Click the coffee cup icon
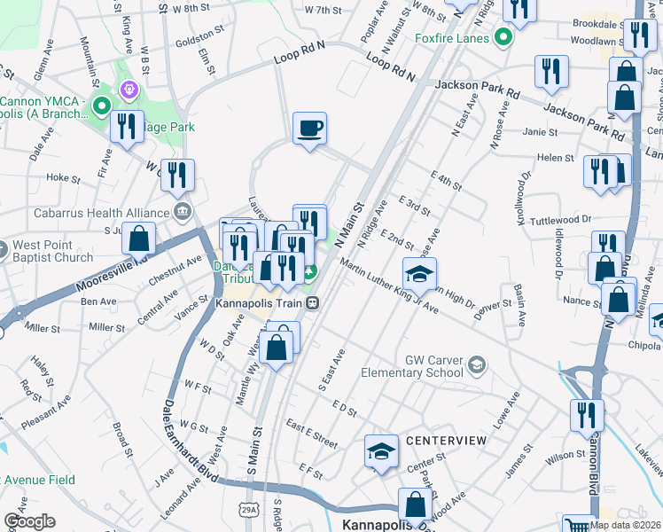[x=309, y=129]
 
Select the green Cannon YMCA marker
[x=102, y=108]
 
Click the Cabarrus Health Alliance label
[x=101, y=213]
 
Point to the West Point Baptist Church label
[x=51, y=251]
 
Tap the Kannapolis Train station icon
[x=312, y=302]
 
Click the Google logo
[x=28, y=520]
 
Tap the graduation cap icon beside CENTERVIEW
[x=380, y=451]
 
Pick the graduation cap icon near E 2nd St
[x=419, y=273]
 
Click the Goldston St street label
[x=200, y=35]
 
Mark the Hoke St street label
[x=64, y=177]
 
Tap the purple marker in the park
[x=129, y=89]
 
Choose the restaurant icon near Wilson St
[x=587, y=414]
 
